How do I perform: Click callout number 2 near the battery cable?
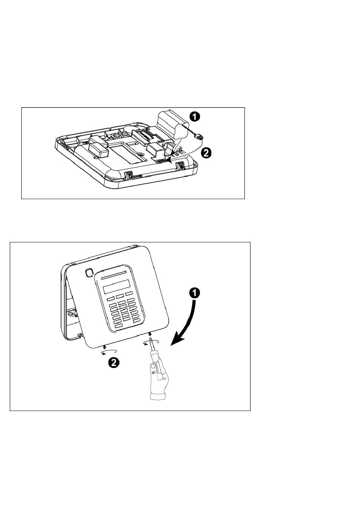206,153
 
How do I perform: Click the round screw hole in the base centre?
141,155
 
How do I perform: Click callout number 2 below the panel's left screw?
113,363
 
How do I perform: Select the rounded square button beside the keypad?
89,272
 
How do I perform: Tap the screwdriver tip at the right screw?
151,337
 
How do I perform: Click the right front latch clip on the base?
180,165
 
